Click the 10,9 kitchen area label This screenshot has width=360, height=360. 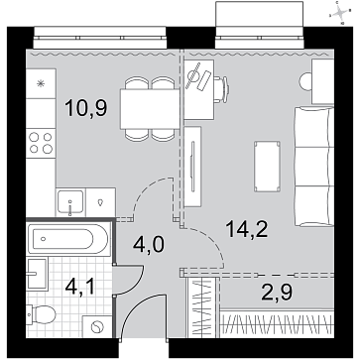point(86,109)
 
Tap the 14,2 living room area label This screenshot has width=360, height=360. point(247,229)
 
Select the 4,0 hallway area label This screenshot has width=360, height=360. point(149,244)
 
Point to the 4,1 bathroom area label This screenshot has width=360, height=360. point(80,287)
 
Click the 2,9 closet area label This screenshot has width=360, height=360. point(277,293)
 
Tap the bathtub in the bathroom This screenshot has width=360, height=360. point(68,239)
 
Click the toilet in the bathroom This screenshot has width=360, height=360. point(42,314)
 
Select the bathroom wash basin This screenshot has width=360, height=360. point(38,274)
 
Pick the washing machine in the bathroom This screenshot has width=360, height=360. point(97,326)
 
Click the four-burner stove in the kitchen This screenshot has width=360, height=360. point(41,143)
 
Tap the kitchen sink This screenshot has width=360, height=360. point(70,202)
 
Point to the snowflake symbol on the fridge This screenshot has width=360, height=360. point(41,84)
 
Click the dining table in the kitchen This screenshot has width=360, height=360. point(150,109)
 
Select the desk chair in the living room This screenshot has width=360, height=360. point(221,89)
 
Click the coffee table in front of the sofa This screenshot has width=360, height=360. point(267,167)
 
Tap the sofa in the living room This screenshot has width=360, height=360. point(313,167)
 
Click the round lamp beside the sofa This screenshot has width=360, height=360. point(305,81)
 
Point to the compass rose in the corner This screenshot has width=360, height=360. point(340,13)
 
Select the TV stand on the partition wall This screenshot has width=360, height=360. point(192,167)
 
